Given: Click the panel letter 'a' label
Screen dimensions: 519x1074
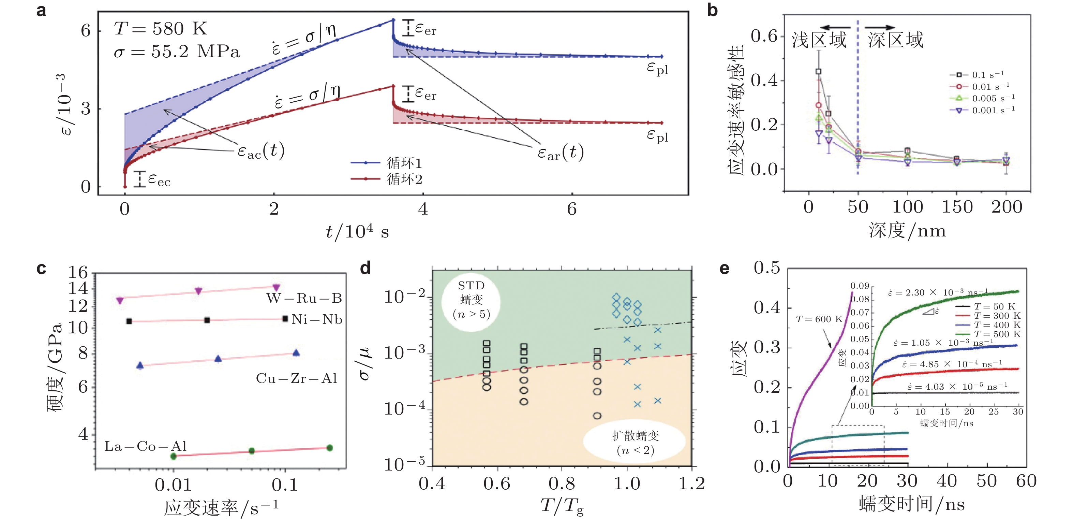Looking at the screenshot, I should click(x=41, y=11).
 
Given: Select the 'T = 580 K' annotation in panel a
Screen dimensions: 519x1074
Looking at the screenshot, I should click(x=161, y=29).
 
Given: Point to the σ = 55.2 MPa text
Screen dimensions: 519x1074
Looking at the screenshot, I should click(x=177, y=52).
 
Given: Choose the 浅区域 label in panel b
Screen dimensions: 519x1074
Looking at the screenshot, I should click(x=819, y=40).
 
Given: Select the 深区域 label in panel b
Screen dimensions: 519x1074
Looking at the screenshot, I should click(x=896, y=40).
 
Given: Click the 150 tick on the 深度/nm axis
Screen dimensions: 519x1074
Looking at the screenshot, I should click(x=957, y=207).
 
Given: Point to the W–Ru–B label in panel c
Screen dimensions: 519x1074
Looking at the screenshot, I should click(x=304, y=298).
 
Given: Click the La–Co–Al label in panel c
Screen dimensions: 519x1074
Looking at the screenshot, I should click(x=146, y=446).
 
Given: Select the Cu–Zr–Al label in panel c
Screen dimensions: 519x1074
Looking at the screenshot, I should click(x=296, y=378).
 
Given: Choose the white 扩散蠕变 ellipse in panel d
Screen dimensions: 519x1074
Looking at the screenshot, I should click(x=635, y=442).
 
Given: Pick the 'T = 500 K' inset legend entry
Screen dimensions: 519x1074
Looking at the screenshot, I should click(x=997, y=334).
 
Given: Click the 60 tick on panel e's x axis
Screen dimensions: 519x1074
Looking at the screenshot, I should click(x=1026, y=481).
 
